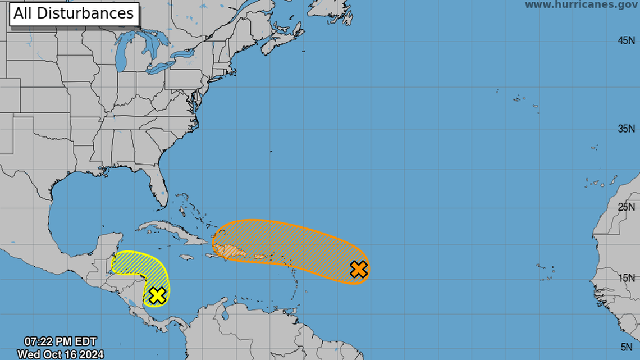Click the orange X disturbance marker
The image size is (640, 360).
(x=359, y=270)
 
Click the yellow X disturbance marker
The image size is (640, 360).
(x=158, y=295)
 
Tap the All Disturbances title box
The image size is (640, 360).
(x=74, y=13)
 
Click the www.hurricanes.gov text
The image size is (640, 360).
(x=582, y=5)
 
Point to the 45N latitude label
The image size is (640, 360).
(x=626, y=40)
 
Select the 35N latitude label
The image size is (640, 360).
(x=626, y=129)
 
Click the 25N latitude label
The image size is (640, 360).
(x=626, y=207)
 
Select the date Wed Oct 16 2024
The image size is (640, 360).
(x=57, y=354)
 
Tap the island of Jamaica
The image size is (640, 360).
(x=186, y=257)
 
